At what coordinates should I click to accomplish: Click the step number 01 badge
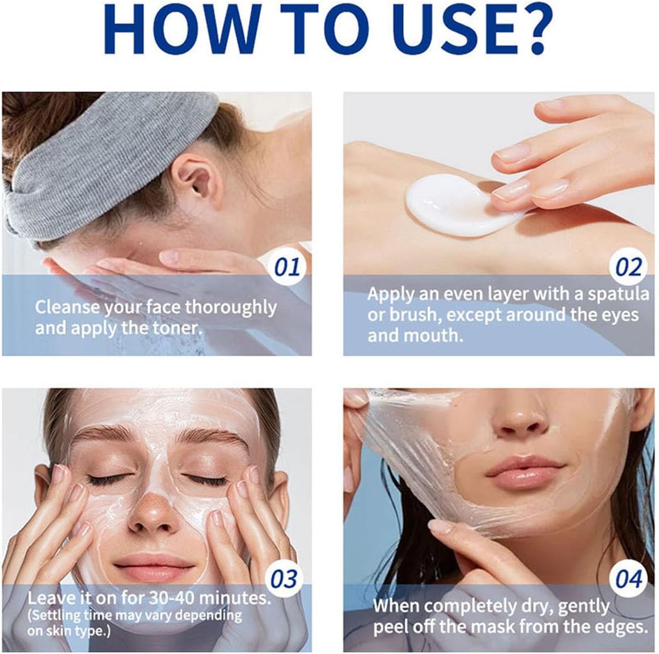286,267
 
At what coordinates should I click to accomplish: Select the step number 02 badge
628,267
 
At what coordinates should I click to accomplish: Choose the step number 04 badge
628,579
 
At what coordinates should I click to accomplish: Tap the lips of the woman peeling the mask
525,470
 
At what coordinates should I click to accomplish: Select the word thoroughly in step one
231,308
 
